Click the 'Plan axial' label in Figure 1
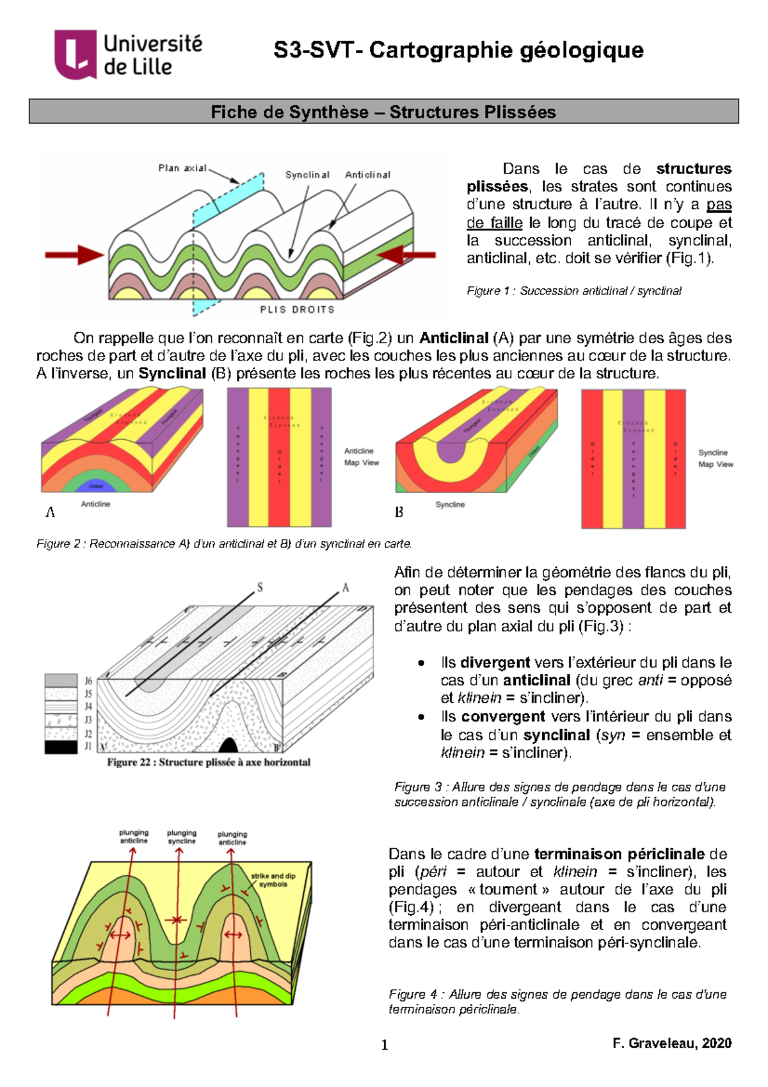pyautogui.click(x=182, y=168)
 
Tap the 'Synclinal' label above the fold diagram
pyautogui.click(x=307, y=175)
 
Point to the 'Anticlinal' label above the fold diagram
pyautogui.click(x=367, y=175)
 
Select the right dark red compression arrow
pyautogui.click(x=406, y=255)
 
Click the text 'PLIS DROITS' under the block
pyautogui.click(x=297, y=310)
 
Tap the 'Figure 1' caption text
pyautogui.click(x=573, y=291)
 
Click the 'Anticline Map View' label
pyautogui.click(x=361, y=457)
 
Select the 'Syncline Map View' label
pyautogui.click(x=715, y=458)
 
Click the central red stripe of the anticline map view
pyautogui.click(x=279, y=457)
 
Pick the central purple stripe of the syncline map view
pyautogui.click(x=633, y=458)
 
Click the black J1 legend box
pyautogui.click(x=61, y=746)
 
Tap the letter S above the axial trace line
pyautogui.click(x=260, y=587)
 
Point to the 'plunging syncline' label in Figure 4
pyautogui.click(x=182, y=837)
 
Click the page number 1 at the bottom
pyautogui.click(x=385, y=1045)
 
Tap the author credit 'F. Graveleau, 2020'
pyautogui.click(x=671, y=1043)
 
